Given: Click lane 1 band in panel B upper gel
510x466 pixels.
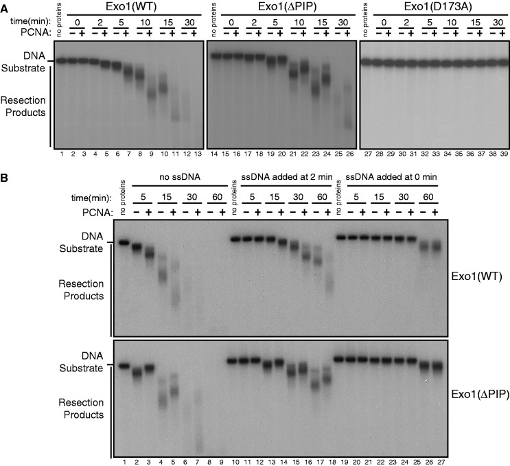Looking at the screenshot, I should [124, 242].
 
